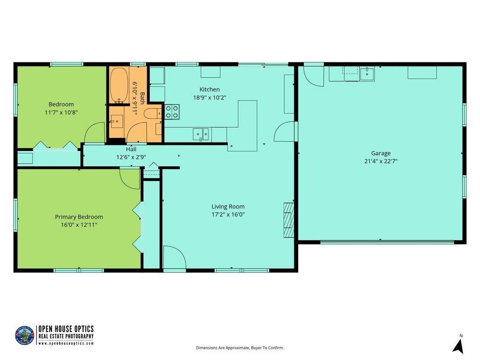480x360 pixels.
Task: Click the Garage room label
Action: click(x=381, y=153)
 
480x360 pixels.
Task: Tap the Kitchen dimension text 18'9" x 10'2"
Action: click(x=210, y=98)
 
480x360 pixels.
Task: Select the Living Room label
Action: click(x=228, y=206)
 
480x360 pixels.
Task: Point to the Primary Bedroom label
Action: click(x=79, y=217)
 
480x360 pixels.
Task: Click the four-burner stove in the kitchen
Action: click(x=172, y=112)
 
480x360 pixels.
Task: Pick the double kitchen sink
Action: click(x=201, y=134)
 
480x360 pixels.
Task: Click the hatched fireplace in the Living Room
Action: click(x=289, y=220)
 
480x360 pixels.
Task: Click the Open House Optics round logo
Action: click(x=25, y=336)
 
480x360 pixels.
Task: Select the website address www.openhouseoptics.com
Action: click(x=66, y=343)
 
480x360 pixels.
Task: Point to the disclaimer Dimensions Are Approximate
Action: click(x=240, y=348)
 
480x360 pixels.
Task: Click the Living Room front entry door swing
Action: click(x=174, y=258)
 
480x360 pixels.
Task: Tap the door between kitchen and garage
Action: click(x=285, y=132)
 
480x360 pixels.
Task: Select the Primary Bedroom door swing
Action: click(x=130, y=178)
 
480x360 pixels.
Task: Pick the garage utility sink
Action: click(x=367, y=74)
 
